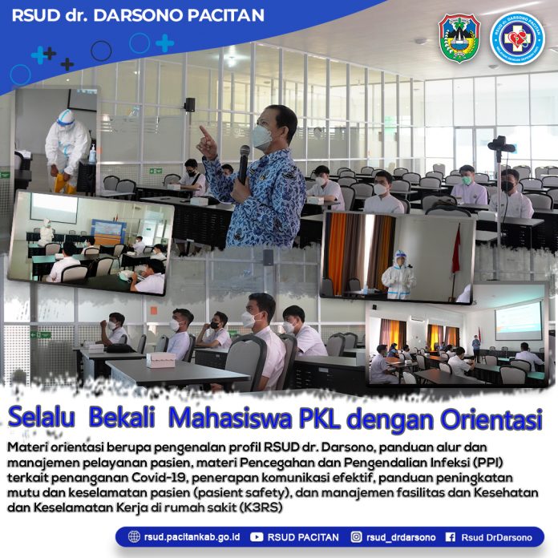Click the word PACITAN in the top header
pos(225,15)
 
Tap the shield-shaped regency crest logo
pos(459,38)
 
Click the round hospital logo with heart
pos(517,38)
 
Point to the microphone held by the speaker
pos(244,164)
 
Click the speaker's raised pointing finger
pos(204,131)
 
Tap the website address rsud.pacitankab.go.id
pos(192,537)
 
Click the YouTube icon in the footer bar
pos(257,537)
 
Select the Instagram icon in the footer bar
pos(356,537)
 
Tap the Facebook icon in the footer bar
pos(451,537)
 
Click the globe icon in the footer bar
pos(134,536)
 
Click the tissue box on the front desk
pos(161,360)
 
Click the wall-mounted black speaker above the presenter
pos(190,104)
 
